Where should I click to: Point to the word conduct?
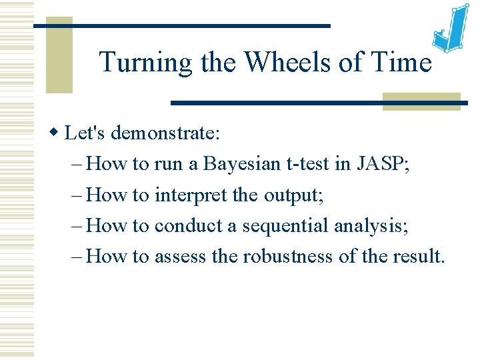pos(189,225)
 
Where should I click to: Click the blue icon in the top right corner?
pos(450,30)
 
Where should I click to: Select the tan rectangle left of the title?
pos(59,55)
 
